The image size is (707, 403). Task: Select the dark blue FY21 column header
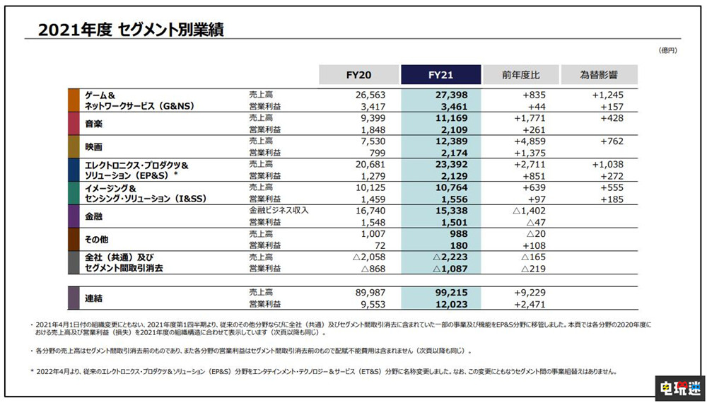click(440, 75)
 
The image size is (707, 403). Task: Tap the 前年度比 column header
click(520, 75)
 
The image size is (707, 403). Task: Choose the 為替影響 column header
click(599, 75)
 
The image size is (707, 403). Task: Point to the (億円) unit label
click(667, 50)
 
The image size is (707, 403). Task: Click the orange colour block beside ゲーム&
click(73, 100)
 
